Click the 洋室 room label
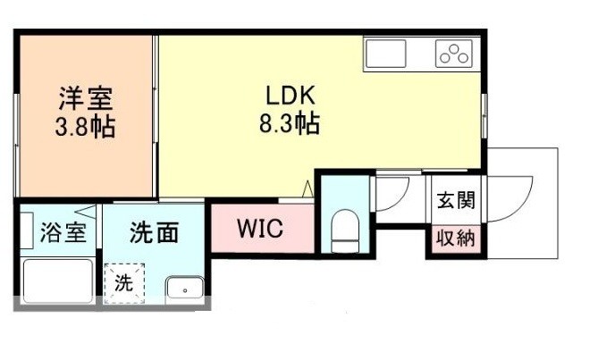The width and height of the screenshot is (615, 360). coord(86,96)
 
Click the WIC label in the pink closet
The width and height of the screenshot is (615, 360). coord(260,229)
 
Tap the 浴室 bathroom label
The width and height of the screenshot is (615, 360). coord(63,234)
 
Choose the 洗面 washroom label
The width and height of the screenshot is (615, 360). coord(154,234)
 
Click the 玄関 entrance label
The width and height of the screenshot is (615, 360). coord(456,201)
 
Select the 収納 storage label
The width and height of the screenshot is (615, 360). coord(456,239)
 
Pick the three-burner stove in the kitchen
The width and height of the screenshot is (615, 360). coord(454,54)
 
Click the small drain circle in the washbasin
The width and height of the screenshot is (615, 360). coord(181,290)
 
